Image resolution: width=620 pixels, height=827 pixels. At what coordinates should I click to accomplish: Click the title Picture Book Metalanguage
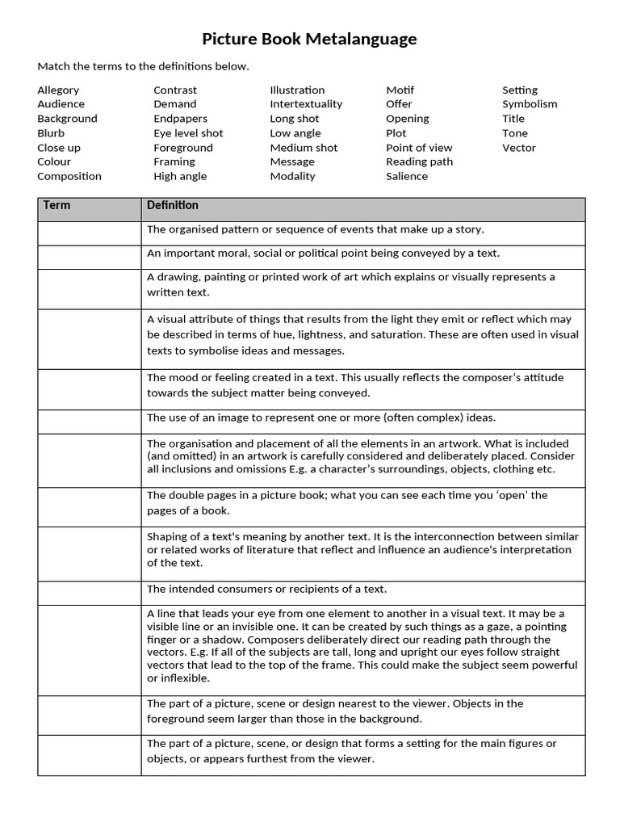309,39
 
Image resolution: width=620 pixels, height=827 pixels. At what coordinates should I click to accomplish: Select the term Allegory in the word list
58,90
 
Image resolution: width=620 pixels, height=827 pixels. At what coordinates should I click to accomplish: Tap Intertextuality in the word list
306,104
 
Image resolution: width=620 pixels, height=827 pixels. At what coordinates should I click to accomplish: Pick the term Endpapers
175,119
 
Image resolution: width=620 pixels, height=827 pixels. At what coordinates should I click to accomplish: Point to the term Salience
407,176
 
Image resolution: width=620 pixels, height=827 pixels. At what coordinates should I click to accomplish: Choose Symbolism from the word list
530,104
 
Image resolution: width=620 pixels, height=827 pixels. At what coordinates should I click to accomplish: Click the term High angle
180,176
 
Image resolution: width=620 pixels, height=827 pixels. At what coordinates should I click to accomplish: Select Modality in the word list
293,176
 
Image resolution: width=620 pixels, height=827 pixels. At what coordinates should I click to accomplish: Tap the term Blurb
51,133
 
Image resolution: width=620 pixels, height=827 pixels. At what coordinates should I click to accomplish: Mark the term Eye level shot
188,133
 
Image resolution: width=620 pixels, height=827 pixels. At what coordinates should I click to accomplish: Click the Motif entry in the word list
400,90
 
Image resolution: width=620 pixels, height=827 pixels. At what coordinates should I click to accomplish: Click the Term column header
57,206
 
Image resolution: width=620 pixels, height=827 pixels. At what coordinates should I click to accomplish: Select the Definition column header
173,206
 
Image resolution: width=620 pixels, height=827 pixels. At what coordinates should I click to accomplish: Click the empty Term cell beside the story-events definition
89,233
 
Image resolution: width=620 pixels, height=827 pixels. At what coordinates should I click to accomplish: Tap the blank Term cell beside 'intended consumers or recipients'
89,593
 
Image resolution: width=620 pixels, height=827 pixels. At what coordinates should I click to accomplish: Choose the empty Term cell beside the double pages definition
89,502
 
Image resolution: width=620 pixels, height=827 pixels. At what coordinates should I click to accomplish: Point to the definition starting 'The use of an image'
320,418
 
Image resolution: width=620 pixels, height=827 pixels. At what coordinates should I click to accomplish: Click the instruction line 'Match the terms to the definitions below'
143,66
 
